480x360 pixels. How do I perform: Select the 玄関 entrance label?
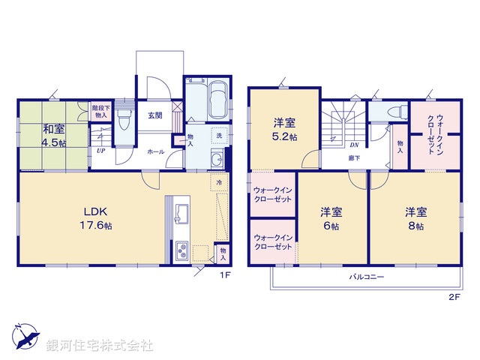(155, 115)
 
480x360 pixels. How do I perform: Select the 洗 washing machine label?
(220, 136)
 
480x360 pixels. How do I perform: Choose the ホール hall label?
(156, 152)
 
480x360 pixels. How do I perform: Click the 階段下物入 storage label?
(100, 112)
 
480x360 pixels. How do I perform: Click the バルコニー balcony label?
(366, 278)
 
